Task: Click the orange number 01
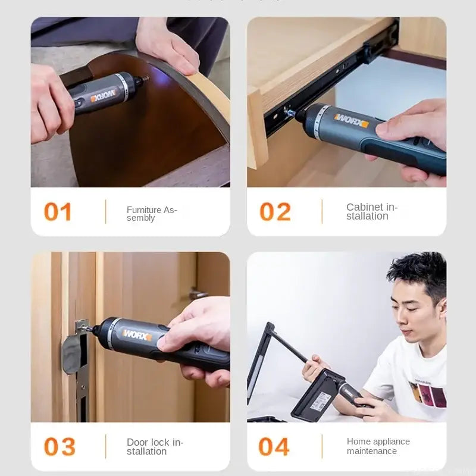point(58,212)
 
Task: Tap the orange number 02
point(275,212)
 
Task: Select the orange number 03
point(59,447)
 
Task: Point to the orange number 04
point(274,447)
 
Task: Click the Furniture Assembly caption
point(152,214)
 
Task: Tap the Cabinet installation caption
point(372,211)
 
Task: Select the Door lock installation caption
point(155,446)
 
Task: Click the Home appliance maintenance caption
point(378,446)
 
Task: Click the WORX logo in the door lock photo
point(137,335)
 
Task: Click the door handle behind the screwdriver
point(198,294)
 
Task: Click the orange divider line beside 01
point(106,212)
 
